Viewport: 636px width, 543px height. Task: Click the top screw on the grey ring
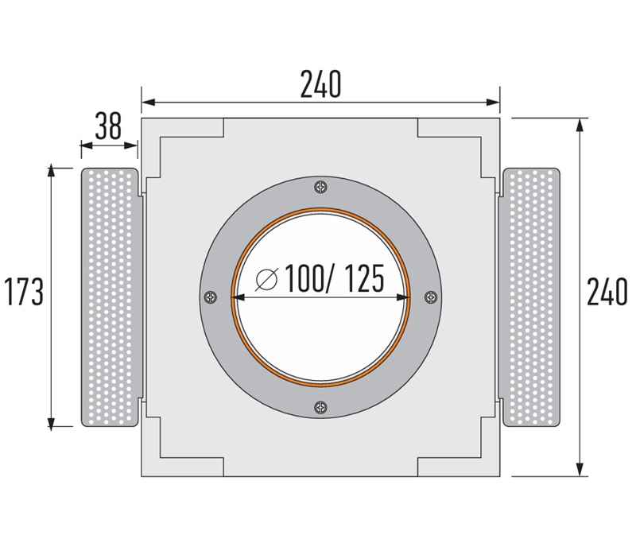click(x=320, y=188)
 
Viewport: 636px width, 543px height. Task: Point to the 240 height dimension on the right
click(x=607, y=292)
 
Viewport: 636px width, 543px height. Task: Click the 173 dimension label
click(x=21, y=292)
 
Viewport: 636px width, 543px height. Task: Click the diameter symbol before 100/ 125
click(x=268, y=279)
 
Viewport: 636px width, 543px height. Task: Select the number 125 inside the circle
click(x=359, y=279)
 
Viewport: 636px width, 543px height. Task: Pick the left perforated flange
click(x=111, y=297)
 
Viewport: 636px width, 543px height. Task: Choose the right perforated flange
click(x=531, y=297)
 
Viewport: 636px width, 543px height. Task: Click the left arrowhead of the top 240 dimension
click(x=148, y=102)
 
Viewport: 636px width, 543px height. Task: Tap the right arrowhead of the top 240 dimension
click(x=494, y=102)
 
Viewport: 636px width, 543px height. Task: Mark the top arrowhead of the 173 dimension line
click(x=52, y=172)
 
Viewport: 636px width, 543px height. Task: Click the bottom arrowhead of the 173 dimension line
click(x=52, y=421)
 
